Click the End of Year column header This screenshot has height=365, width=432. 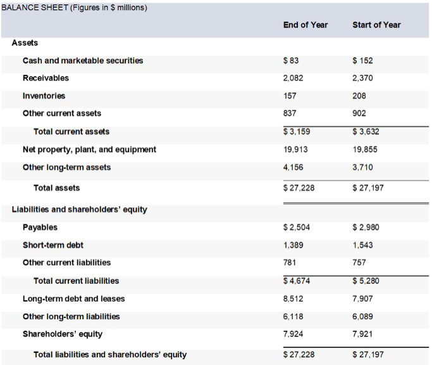point(305,25)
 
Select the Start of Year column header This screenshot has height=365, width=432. point(376,25)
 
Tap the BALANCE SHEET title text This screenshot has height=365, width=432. point(74,7)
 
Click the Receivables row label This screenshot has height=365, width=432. point(46,78)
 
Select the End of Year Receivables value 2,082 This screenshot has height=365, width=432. point(293,78)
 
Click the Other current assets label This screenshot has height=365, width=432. point(62,113)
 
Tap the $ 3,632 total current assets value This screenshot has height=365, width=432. point(365,132)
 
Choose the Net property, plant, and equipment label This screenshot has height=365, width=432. point(89,150)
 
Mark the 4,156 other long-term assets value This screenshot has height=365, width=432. point(293,167)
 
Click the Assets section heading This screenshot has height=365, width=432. point(25,42)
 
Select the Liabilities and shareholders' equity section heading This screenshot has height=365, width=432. point(80,210)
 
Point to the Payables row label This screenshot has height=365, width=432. point(40,227)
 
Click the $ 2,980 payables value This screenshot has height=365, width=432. point(365,227)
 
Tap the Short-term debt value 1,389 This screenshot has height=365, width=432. point(293,245)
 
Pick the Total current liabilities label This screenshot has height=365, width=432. point(76,281)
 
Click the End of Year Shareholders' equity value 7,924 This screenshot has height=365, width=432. point(293,334)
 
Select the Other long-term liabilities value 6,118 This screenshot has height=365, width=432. point(293,316)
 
